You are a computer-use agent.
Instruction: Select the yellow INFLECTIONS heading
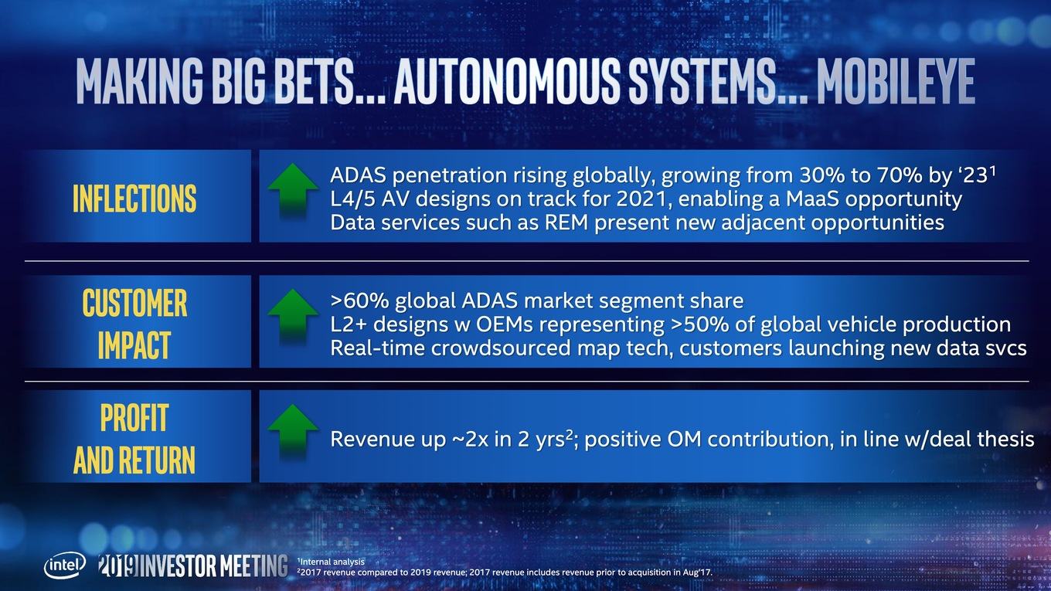pyautogui.click(x=134, y=199)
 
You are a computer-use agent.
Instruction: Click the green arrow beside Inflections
pyautogui.click(x=293, y=191)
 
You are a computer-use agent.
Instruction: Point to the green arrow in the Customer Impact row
pyautogui.click(x=293, y=317)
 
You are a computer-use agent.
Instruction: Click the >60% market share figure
pyautogui.click(x=359, y=301)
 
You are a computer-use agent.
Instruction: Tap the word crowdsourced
pyautogui.click(x=500, y=348)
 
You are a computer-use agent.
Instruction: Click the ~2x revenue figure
pyautogui.click(x=470, y=440)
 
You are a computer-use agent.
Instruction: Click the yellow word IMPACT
pyautogui.click(x=134, y=345)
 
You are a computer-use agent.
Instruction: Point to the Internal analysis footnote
pyautogui.click(x=332, y=562)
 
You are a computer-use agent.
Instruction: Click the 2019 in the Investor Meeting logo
pyautogui.click(x=119, y=566)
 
